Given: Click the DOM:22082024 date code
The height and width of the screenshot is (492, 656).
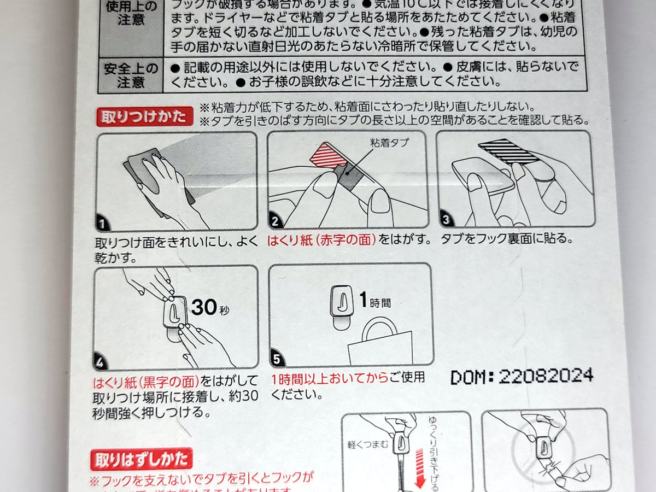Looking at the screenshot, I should (x=522, y=376).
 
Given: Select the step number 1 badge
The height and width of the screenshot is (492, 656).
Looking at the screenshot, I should (x=102, y=222).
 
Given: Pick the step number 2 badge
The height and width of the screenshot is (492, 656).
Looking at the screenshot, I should (x=275, y=221).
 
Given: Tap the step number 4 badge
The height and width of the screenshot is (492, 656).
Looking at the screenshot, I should (x=102, y=361).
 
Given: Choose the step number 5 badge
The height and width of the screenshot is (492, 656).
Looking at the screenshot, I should (x=277, y=359).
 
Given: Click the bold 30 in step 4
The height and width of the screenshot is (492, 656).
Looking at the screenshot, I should (x=204, y=308).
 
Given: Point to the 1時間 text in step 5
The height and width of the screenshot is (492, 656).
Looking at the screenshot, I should (x=376, y=301).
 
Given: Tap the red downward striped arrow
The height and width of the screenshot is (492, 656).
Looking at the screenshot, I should (x=421, y=466).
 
